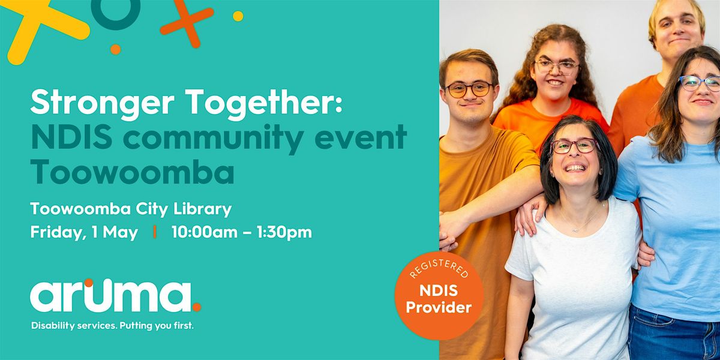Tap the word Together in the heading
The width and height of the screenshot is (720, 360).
(x=263, y=102)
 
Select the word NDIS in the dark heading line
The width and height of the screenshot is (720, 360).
(x=71, y=137)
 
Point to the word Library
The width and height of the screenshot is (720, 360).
(x=203, y=209)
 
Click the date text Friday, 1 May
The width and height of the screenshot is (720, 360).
(x=84, y=232)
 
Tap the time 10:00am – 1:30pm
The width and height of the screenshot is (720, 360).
(x=242, y=232)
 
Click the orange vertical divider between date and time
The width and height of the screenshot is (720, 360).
(x=155, y=232)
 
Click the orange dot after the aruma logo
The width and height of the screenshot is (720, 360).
(x=197, y=307)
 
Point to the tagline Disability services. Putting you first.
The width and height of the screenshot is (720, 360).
(x=113, y=326)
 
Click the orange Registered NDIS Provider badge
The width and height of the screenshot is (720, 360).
(x=439, y=296)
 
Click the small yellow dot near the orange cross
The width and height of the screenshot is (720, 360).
(x=238, y=16)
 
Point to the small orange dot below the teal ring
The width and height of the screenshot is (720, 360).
(x=115, y=49)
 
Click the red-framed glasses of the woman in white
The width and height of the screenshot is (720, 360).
(x=575, y=146)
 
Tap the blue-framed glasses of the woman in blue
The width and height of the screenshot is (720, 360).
(x=699, y=83)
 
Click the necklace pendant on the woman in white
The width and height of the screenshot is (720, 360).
(x=575, y=230)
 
